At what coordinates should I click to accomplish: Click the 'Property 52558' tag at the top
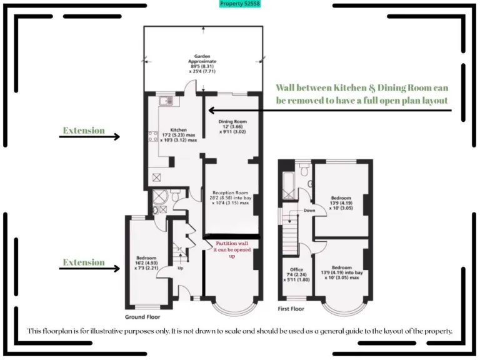(240, 4)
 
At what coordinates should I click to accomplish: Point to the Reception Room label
(231, 197)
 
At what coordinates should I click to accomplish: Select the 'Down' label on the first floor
(309, 211)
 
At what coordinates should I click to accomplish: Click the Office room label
(296, 274)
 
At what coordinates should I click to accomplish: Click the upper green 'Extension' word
(83, 131)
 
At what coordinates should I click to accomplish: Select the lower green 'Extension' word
(83, 262)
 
